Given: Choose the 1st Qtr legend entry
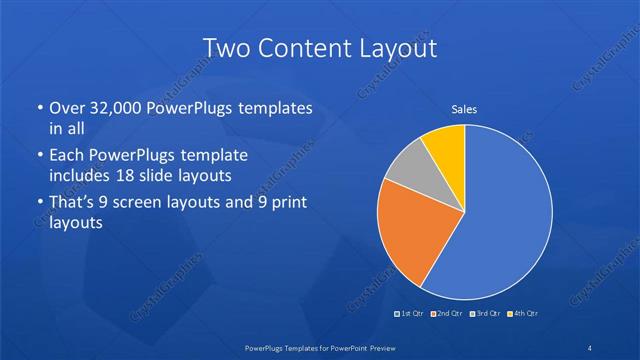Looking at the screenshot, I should [x=410, y=314].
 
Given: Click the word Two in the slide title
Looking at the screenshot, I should [x=225, y=48].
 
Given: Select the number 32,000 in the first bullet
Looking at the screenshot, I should [x=116, y=109].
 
